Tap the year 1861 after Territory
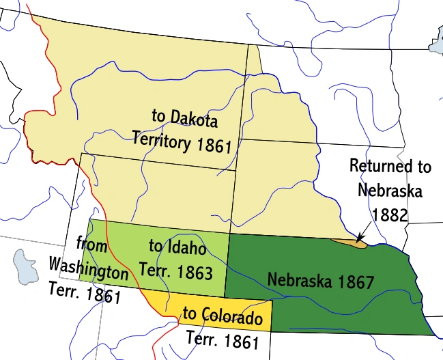[x=212, y=146]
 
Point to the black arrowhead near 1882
[x=360, y=237]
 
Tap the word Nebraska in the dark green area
[x=298, y=279]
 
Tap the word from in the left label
[x=91, y=244]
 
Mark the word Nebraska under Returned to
[x=389, y=190]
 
